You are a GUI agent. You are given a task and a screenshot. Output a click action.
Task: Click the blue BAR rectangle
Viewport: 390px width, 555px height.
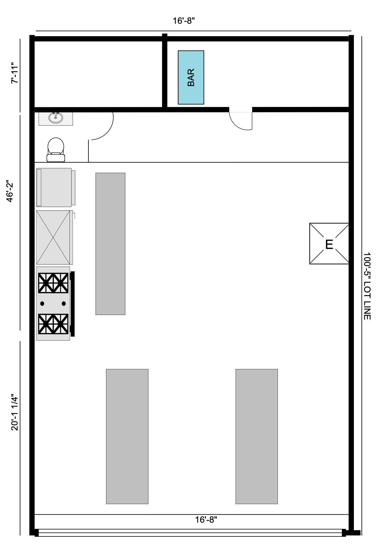coord(191,77)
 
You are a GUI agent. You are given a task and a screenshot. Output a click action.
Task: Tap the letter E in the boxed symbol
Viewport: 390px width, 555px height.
coord(329,244)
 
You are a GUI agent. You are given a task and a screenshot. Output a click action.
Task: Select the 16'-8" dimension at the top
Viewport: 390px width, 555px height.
coord(184,21)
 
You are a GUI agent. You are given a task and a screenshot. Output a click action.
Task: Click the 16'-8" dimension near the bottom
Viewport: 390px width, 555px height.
coord(206,520)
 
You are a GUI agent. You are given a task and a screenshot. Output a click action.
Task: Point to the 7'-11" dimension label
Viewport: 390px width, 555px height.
coord(14,73)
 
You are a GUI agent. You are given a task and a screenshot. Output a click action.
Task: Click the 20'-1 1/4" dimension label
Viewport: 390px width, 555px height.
coord(14,412)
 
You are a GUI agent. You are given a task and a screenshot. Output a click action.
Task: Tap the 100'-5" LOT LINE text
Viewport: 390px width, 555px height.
coord(367,286)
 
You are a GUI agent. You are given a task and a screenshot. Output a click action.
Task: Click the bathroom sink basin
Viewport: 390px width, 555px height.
coord(56,118)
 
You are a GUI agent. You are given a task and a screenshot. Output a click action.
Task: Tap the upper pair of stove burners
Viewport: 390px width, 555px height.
coord(53,283)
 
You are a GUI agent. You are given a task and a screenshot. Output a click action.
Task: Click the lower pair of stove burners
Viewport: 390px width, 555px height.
coord(53,324)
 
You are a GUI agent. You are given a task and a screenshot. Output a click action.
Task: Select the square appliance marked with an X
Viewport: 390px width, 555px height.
coord(53,237)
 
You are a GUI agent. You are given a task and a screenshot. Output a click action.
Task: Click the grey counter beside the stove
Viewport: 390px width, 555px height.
coord(110,243)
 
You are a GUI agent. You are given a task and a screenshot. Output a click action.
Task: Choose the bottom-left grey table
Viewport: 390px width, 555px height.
coord(127,436)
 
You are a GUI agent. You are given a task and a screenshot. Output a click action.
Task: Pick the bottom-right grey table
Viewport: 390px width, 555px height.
coord(257,436)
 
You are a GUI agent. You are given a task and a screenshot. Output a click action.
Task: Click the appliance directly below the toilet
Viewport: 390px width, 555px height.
coord(54,187)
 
